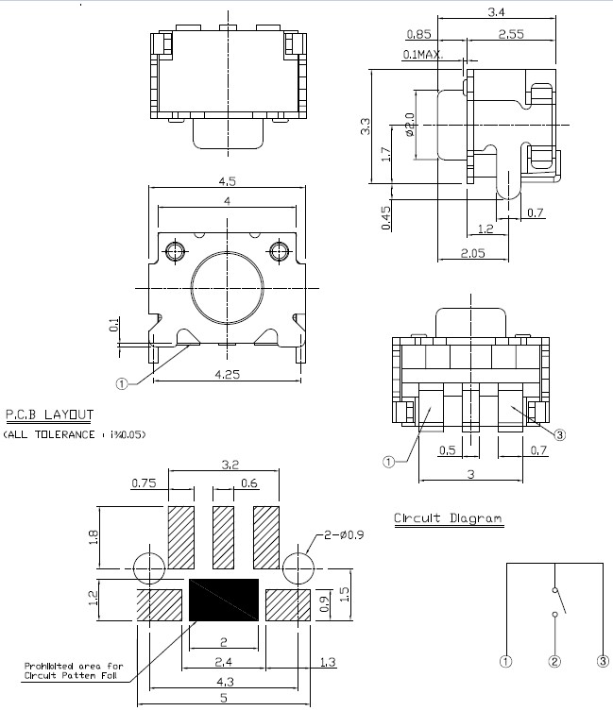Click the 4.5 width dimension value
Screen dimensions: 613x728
point(227,181)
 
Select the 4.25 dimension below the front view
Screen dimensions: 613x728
point(227,374)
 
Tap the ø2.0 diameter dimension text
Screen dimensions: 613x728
point(410,125)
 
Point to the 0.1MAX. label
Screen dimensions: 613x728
point(422,55)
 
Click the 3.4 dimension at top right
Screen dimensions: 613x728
point(496,12)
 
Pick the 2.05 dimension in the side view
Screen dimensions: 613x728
point(473,253)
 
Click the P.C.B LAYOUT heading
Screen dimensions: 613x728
point(49,415)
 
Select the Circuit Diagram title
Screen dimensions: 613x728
point(448,518)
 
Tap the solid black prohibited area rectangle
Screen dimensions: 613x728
point(224,600)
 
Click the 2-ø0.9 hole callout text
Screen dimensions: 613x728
point(344,534)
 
